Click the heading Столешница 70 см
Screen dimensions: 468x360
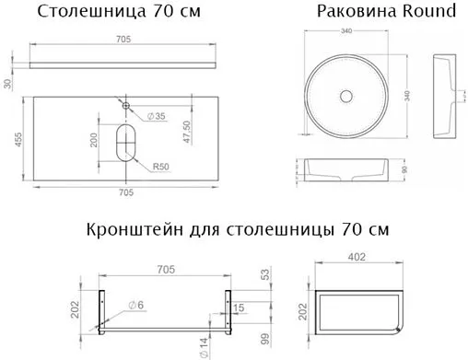(x=117, y=12)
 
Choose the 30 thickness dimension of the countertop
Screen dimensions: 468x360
(x=8, y=85)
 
